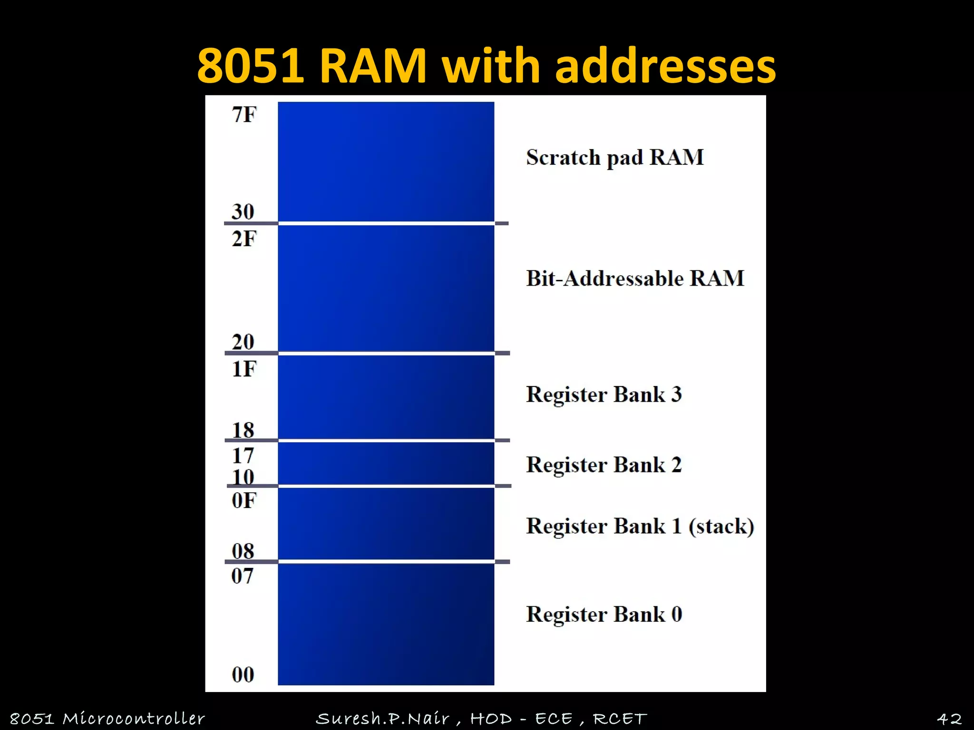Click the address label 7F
click(x=244, y=115)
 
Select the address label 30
click(x=243, y=211)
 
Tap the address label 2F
click(x=244, y=239)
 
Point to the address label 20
click(x=243, y=342)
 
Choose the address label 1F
click(x=244, y=369)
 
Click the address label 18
click(x=243, y=430)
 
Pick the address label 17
click(x=243, y=456)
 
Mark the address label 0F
click(x=244, y=500)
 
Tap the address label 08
click(x=243, y=551)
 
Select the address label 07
click(x=243, y=576)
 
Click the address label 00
click(x=243, y=674)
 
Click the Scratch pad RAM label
click(x=614, y=158)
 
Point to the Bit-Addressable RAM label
click(x=635, y=279)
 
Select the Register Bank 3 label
click(x=604, y=394)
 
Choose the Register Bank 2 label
click(x=604, y=465)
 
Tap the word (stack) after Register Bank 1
click(x=721, y=526)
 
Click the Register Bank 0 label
click(x=604, y=614)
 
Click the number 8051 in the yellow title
click(x=251, y=66)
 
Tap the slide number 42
click(x=949, y=719)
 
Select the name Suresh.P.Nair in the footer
click(x=383, y=719)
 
